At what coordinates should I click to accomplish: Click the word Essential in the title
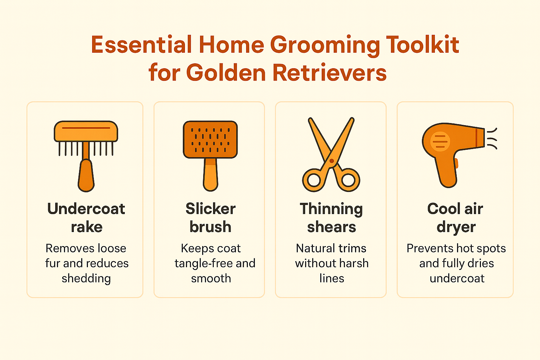point(141,45)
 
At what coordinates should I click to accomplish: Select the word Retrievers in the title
point(329,73)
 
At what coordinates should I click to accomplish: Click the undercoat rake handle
point(86,176)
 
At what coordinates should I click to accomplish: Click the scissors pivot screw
point(332,161)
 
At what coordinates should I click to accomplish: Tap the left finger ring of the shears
point(314,180)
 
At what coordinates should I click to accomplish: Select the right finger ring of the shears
point(348,180)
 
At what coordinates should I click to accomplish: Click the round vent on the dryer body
point(440,141)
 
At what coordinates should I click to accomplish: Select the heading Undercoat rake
point(86,218)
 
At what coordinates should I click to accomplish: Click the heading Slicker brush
point(211,218)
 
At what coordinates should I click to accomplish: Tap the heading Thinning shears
point(332,218)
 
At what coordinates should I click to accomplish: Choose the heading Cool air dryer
point(456,218)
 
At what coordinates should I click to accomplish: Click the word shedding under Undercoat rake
point(86,278)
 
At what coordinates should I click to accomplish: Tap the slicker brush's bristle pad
point(211,140)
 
